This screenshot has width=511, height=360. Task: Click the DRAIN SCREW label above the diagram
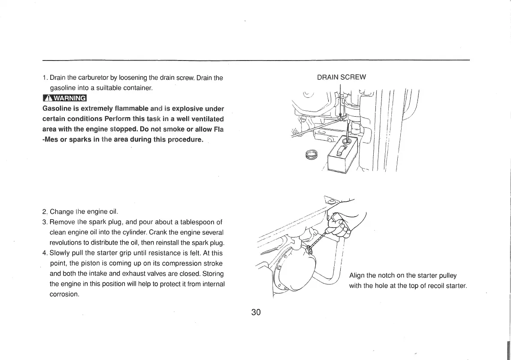point(341,77)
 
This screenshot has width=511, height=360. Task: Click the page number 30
point(256,312)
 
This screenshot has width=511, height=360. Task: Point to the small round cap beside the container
point(312,154)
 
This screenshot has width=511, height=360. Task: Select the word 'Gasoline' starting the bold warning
point(58,108)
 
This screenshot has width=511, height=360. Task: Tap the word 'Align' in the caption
point(357,275)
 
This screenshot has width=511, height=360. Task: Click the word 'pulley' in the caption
point(447,275)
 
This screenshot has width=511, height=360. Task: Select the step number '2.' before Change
point(45,212)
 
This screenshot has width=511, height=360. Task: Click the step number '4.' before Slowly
point(45,253)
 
